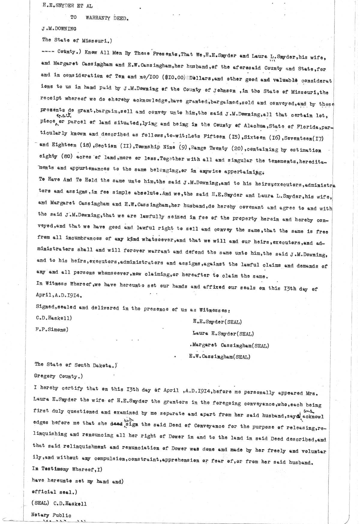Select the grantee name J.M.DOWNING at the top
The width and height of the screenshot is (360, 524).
pos(59,29)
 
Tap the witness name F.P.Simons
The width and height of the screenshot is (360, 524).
pos(52,329)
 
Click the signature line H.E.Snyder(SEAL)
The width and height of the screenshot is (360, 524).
pos(217,322)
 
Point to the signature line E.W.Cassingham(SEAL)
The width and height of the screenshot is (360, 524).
pos(219,357)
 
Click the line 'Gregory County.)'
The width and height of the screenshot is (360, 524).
pos(58,376)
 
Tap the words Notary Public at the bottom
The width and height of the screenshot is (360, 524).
pos(51,515)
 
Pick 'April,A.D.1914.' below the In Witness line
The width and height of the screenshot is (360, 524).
pos(59,295)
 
